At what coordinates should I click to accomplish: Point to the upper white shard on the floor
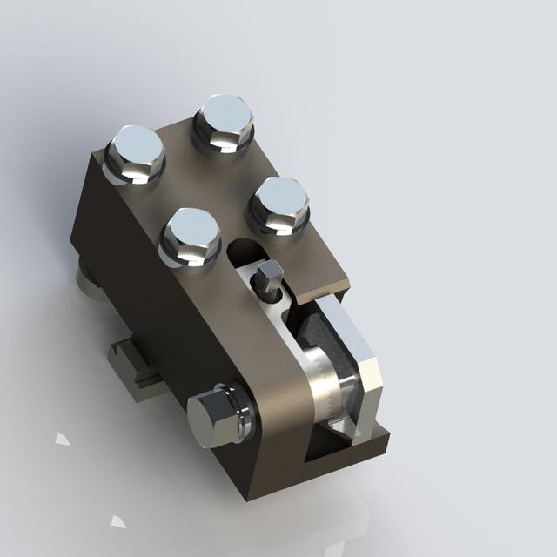point(63,438)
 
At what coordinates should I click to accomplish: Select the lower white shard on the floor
point(117,522)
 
